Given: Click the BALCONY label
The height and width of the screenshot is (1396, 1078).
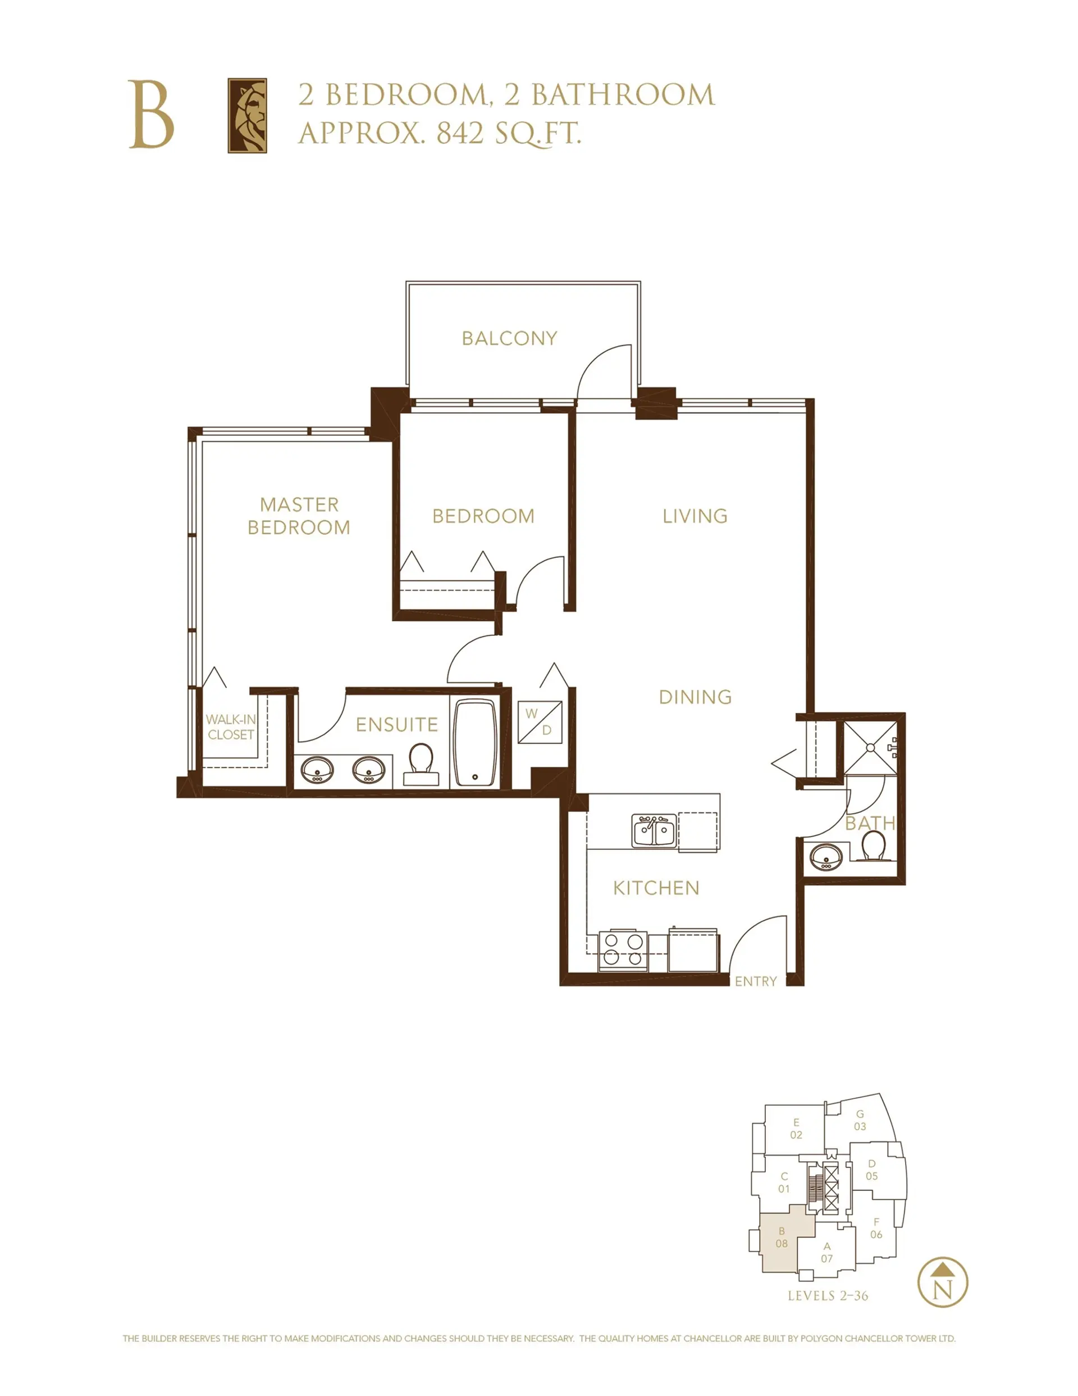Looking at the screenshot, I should tap(509, 338).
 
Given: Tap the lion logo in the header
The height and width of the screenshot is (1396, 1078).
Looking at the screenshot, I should tap(247, 116).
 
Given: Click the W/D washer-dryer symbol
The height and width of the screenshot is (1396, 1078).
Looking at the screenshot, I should tap(540, 722).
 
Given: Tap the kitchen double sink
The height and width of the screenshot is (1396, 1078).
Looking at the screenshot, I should tap(654, 831).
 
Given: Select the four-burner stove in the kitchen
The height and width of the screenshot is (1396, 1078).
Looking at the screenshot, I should tap(623, 949).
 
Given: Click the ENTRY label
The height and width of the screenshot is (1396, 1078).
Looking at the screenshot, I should tap(755, 981).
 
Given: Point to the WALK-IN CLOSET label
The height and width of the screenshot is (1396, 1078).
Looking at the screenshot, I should tap(231, 727).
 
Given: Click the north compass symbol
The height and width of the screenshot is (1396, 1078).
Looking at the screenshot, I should tap(943, 1282).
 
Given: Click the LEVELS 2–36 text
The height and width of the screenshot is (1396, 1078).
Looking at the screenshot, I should tap(828, 1295).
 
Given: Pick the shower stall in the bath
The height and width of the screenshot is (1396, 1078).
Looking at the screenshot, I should tap(870, 747).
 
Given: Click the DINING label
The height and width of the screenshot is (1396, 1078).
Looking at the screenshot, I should tap(695, 697).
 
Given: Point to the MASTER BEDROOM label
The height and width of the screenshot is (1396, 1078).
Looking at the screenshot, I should tap(299, 516).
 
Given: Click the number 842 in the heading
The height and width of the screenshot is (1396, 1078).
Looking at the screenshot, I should tap(459, 133).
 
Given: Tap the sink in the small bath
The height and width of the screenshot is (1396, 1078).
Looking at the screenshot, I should tap(825, 856).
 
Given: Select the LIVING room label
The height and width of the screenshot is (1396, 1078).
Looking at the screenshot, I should tap(695, 516).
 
